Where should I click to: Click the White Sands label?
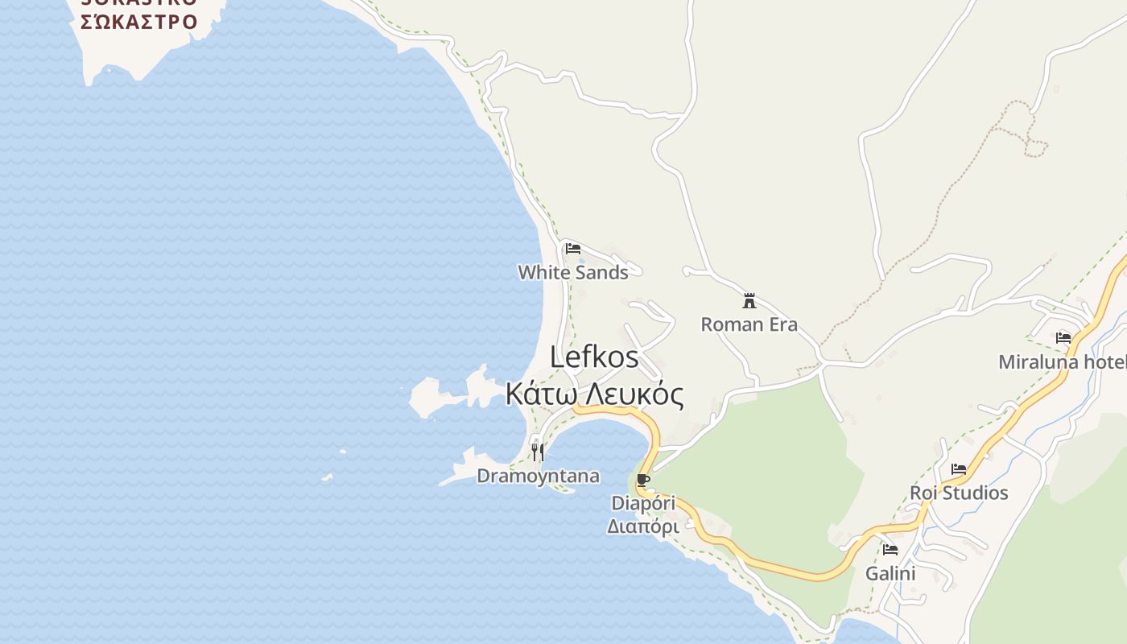(573, 272)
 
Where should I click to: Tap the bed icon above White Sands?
(573, 249)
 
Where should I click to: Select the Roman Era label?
(749, 324)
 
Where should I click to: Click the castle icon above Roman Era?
(749, 301)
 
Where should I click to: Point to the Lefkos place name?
(594, 357)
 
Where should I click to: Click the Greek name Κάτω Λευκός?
(595, 395)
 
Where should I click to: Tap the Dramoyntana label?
(538, 476)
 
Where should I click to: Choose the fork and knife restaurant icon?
(538, 452)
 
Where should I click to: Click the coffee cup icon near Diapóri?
(642, 481)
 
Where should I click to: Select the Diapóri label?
(643, 503)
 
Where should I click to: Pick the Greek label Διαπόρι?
(643, 526)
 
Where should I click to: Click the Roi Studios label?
(959, 493)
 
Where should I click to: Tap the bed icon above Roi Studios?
(959, 469)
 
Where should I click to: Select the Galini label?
(890, 573)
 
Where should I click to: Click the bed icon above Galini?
(890, 550)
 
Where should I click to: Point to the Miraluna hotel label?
(1062, 362)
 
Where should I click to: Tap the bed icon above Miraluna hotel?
(1063, 338)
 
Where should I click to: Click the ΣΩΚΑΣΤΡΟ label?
(139, 21)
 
